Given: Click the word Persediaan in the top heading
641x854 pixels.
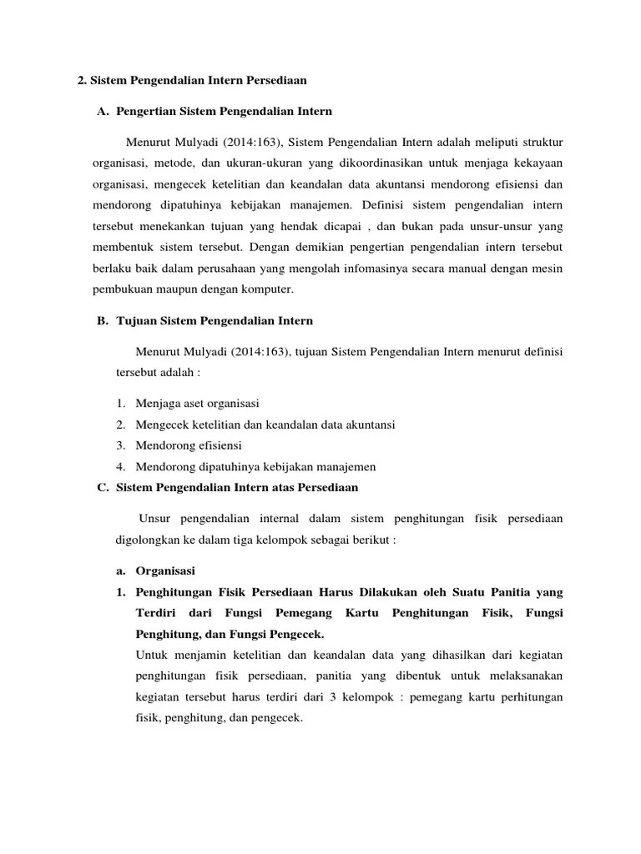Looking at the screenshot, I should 275,81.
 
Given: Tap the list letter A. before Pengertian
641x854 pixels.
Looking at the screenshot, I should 103,111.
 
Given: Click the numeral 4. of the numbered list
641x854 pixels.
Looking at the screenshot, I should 121,467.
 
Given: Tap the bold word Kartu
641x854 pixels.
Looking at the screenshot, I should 349,613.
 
